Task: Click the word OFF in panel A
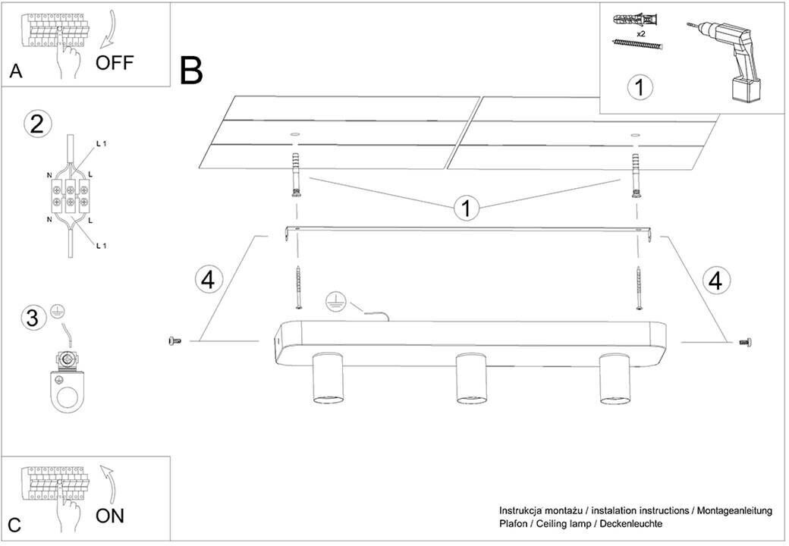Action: point(115,62)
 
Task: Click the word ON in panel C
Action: point(111,516)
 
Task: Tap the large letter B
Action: point(192,71)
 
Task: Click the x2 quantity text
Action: point(640,34)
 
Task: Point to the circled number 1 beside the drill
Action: point(640,87)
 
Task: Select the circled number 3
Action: point(32,318)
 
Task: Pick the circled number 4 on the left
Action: point(209,280)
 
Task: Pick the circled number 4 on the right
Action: point(714,280)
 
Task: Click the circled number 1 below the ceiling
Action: point(467,207)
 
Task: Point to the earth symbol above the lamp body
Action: point(334,302)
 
